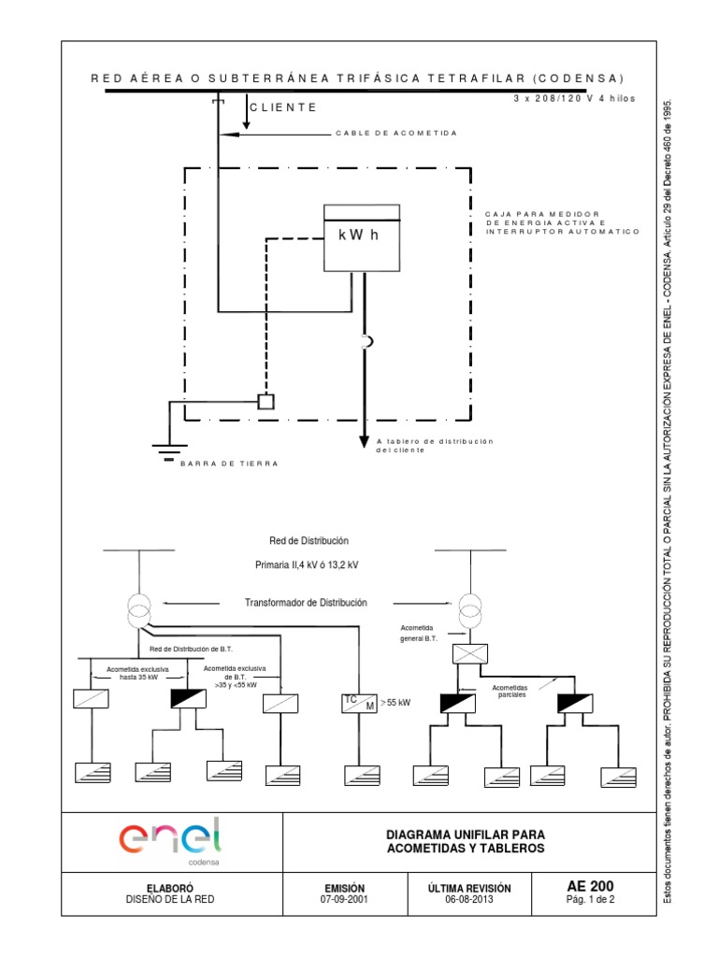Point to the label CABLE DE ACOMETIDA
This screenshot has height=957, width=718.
coord(396,134)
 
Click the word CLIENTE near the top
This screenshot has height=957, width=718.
coord(283,107)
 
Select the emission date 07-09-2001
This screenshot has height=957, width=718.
coord(345,901)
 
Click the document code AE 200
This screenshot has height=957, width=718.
coord(591,887)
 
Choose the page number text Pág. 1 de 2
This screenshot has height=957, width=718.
coord(591,902)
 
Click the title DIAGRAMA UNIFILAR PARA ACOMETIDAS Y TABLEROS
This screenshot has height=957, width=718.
coord(465,840)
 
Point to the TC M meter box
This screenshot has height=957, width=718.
coord(359,703)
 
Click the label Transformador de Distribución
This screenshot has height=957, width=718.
coord(306,603)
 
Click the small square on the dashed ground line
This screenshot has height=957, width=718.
coord(266,402)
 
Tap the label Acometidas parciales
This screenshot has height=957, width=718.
coord(510,691)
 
